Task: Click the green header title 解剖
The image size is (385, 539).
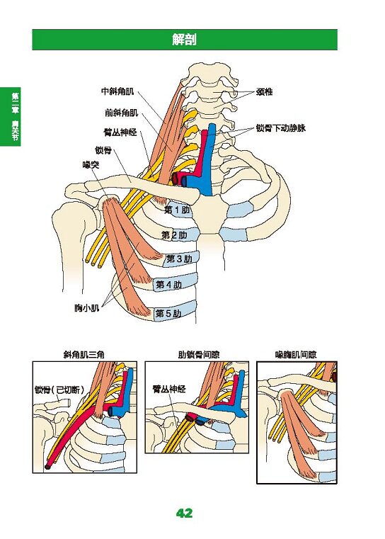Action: point(185,40)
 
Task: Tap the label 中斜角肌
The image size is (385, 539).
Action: point(117,91)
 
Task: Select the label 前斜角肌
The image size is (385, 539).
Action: point(122,113)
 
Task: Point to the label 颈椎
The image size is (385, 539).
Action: point(264,92)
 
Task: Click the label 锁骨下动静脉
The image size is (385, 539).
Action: point(280,128)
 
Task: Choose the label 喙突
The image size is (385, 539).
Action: point(91,164)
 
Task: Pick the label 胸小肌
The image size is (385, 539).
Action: point(87,307)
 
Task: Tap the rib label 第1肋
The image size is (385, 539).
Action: point(177,210)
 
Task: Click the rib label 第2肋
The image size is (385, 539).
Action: point(175,235)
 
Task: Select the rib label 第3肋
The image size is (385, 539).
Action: point(179,259)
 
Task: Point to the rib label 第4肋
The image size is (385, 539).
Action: point(168,284)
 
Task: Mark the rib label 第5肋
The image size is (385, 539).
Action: point(168,313)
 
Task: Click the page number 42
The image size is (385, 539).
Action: point(185,514)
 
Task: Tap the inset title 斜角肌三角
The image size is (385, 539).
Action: point(84,354)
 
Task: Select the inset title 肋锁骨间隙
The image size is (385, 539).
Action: point(198,354)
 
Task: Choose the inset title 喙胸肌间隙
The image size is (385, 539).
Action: point(296,354)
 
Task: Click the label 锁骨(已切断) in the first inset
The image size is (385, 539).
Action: point(59,390)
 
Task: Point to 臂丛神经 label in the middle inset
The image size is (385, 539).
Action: point(169,389)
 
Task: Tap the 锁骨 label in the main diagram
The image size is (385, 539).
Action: point(103,150)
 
